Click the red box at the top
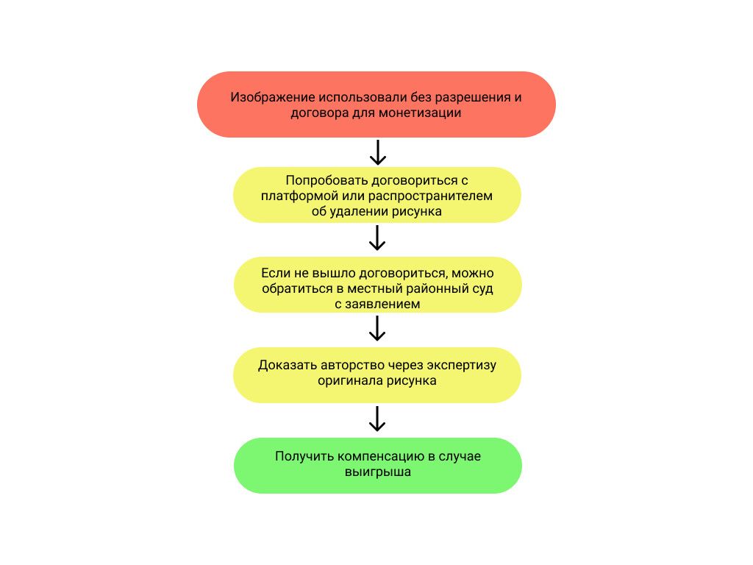click(x=376, y=104)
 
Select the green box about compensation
click(x=377, y=465)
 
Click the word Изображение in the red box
click(x=273, y=97)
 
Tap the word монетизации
click(x=420, y=113)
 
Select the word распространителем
click(x=430, y=196)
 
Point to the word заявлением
click(x=382, y=304)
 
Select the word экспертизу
click(x=462, y=366)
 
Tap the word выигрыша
click(x=378, y=472)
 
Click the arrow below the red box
click(x=378, y=152)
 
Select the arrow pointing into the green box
click(x=377, y=419)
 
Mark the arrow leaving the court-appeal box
click(x=377, y=328)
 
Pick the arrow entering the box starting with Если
click(x=377, y=238)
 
